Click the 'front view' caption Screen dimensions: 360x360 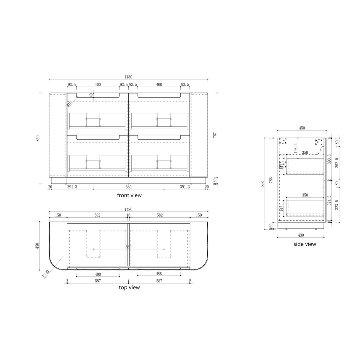point(129,195)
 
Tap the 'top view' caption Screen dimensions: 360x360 point(129,287)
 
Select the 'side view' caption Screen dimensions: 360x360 point(305,244)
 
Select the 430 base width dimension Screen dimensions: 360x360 point(301,235)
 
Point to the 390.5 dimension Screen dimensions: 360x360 point(329,159)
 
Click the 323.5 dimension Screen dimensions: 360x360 point(337,204)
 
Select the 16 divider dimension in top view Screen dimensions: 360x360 point(128,215)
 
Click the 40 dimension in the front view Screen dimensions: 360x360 point(91,95)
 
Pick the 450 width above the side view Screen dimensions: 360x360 point(302,128)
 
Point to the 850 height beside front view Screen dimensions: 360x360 point(37,138)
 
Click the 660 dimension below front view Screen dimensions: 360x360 point(128,187)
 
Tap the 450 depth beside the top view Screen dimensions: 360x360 point(37,246)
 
